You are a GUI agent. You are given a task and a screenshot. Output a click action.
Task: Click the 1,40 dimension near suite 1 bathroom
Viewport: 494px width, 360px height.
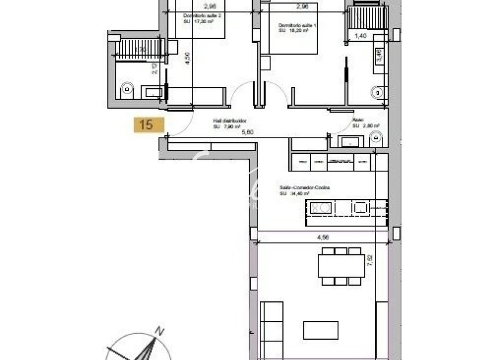(360, 36)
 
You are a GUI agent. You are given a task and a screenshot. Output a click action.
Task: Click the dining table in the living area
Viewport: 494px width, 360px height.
(340, 266)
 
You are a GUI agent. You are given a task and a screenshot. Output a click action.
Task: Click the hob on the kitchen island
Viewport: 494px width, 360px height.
(320, 207)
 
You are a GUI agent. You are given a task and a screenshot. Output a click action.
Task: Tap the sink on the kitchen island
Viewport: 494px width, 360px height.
(361, 207)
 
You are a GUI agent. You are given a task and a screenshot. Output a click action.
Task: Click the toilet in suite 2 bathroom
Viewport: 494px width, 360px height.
(128, 90)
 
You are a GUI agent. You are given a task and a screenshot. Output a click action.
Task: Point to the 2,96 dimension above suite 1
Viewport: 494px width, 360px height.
(302, 7)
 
